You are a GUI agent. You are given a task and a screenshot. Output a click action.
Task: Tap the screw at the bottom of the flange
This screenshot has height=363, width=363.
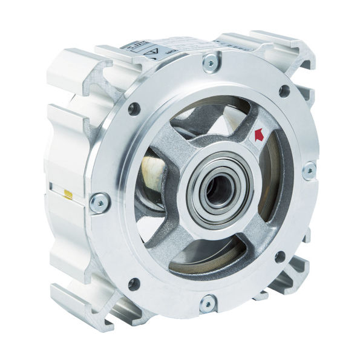coord(207,302)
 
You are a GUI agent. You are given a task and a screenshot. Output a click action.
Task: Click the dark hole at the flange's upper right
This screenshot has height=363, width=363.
coord(283,91)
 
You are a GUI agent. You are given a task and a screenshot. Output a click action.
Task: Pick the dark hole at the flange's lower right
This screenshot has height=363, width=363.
coord(280,257)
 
